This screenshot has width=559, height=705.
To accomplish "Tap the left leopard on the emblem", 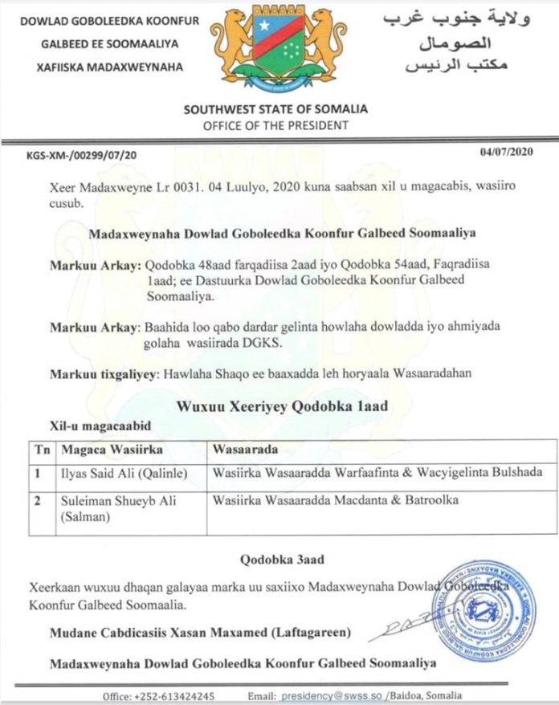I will pos(234,45).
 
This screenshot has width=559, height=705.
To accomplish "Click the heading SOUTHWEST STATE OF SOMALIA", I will pos(275,109).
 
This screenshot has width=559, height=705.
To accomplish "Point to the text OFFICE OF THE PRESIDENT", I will pos(275,125).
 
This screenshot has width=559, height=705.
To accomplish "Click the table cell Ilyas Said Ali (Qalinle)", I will pos(113,473).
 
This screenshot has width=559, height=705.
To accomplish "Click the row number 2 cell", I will pos(36,500).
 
